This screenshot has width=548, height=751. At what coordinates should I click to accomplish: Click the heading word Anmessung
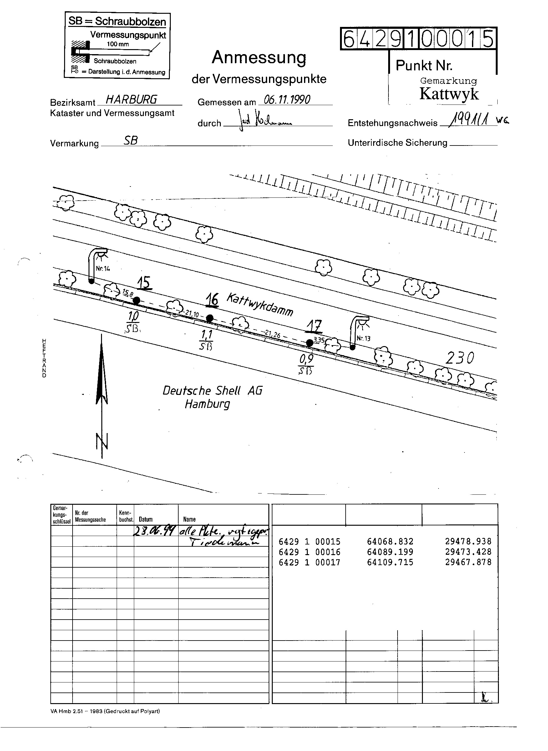tap(259, 57)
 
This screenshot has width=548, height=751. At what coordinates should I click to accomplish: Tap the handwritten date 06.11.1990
tap(287, 100)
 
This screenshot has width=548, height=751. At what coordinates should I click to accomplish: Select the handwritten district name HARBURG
tap(131, 99)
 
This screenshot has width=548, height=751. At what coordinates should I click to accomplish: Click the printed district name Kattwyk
tap(449, 94)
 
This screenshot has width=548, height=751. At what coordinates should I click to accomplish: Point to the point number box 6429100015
tap(418, 38)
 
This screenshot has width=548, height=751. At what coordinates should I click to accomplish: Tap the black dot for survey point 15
tap(136, 301)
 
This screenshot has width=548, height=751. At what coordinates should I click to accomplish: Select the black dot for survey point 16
tap(210, 318)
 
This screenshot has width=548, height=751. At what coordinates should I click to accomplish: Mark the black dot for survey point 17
tap(309, 342)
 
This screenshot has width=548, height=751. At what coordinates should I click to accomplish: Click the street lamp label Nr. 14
tap(103, 268)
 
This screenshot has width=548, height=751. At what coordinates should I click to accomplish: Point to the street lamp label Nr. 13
tap(363, 339)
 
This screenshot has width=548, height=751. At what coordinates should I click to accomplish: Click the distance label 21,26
tap(272, 335)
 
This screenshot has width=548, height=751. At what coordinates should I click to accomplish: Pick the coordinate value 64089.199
tap(390, 552)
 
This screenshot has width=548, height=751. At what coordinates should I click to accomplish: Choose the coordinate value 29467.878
tap(468, 562)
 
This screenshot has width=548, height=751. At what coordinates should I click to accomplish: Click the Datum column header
tap(146, 519)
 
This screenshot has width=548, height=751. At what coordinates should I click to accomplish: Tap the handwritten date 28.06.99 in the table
tap(154, 532)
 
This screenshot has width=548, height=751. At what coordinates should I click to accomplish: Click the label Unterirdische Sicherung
tap(398, 143)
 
